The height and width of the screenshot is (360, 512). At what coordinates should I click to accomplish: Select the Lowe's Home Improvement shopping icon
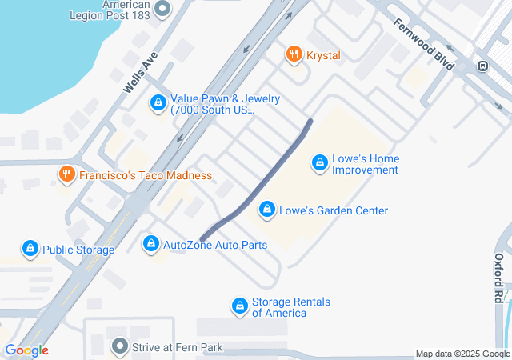(319, 163)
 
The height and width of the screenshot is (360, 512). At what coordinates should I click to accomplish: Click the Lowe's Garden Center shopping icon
(266, 210)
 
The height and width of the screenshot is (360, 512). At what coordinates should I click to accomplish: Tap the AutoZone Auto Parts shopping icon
(150, 242)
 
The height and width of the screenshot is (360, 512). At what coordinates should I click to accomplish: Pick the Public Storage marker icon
(30, 249)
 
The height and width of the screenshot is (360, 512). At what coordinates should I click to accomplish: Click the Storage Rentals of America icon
(239, 306)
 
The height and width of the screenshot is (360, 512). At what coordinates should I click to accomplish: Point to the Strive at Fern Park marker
(120, 346)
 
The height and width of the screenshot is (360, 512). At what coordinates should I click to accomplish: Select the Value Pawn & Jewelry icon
(158, 103)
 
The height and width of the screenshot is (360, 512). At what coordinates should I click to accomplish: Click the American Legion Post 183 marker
(163, 10)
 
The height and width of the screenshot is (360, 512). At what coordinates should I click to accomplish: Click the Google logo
(26, 350)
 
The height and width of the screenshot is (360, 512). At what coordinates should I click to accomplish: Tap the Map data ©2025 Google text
(462, 354)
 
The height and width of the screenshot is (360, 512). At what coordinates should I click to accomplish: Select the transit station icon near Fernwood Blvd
(482, 66)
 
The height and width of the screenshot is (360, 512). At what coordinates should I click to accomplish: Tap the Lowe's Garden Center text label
(334, 210)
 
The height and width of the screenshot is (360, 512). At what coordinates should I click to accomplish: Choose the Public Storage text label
(78, 250)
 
